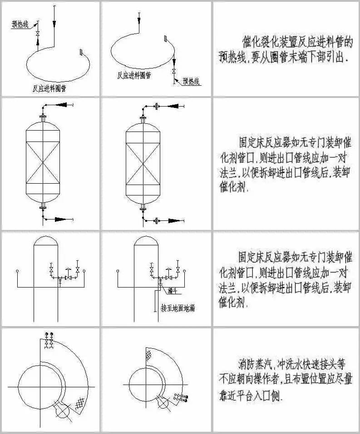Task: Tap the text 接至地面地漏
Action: tap(178, 308)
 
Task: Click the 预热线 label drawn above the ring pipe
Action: tap(20, 25)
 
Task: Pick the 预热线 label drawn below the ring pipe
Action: tap(191, 82)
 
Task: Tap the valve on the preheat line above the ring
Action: tap(38, 34)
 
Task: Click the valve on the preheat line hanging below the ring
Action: tap(174, 72)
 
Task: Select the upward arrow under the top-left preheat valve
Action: tap(38, 42)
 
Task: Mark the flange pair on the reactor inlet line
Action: tap(157, 107)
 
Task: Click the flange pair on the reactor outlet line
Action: tap(157, 221)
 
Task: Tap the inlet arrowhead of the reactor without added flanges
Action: tap(63, 105)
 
